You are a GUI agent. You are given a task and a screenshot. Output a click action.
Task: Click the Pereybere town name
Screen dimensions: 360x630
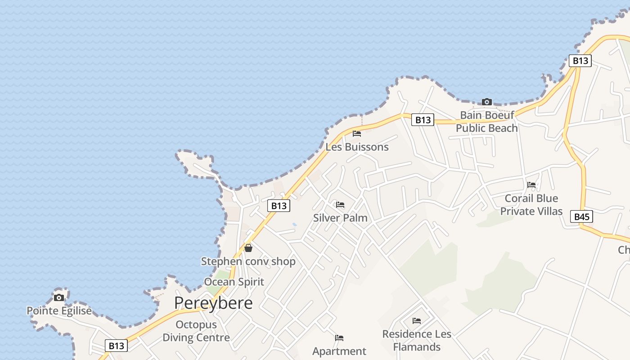[213, 303]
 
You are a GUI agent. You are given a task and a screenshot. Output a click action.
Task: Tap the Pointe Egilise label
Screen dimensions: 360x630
[59, 310]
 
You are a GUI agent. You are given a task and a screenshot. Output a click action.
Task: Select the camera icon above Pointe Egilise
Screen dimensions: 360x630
[59, 297]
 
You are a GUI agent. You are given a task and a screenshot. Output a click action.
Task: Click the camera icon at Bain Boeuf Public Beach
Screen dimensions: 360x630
[486, 102]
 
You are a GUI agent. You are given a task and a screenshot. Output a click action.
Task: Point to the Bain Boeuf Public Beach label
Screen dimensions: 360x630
[486, 121]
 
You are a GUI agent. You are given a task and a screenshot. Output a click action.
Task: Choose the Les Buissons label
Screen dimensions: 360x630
[357, 147]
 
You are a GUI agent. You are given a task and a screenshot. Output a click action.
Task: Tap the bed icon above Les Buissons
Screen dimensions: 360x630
[357, 134]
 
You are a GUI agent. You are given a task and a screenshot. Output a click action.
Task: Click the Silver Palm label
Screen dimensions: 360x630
[340, 218]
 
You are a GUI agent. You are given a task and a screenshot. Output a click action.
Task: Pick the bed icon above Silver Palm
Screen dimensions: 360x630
[340, 205]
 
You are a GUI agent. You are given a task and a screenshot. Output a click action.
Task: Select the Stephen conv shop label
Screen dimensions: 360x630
[248, 261]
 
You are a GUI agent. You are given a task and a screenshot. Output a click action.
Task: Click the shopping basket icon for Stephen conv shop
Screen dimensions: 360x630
[248, 248]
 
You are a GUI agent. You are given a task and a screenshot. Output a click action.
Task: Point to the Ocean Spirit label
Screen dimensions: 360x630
[234, 282]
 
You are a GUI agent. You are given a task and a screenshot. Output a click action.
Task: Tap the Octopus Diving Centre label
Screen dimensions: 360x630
[196, 331]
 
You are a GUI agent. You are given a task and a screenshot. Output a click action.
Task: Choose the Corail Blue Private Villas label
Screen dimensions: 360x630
[531, 205]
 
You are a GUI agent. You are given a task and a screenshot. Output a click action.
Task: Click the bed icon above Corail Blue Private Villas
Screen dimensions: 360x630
[531, 184]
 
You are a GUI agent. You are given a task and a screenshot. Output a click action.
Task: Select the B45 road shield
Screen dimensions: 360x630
[581, 216]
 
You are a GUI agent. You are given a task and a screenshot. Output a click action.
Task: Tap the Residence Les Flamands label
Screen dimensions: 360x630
[417, 341]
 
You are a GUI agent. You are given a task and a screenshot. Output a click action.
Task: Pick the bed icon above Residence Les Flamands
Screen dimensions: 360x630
[417, 321]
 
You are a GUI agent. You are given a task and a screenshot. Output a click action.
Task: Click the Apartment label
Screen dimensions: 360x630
[339, 351]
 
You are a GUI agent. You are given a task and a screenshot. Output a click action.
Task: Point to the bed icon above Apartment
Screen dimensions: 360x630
[339, 338]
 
